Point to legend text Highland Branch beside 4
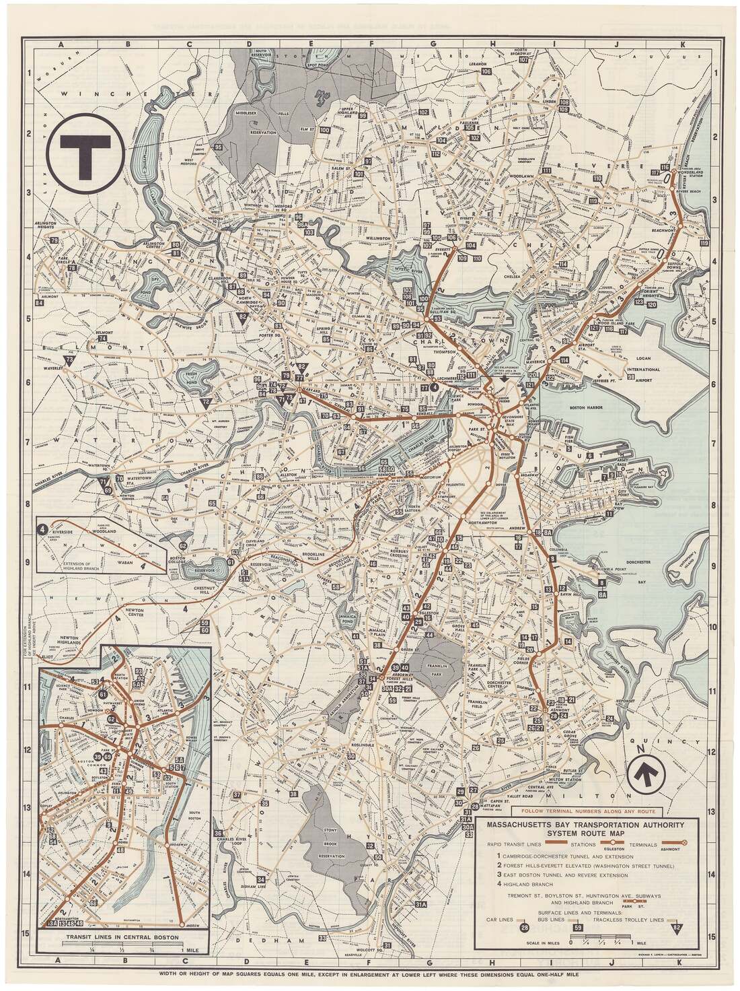point(523,883)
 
